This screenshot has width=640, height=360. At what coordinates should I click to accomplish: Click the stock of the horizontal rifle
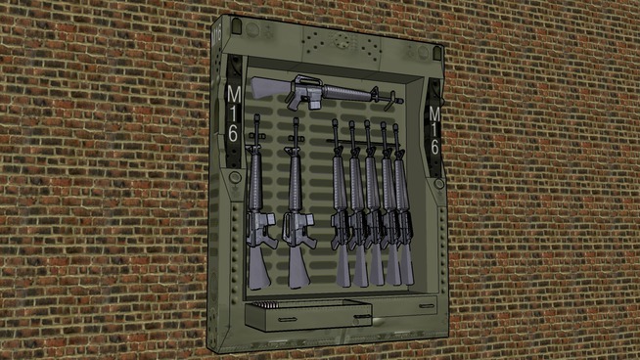pyautogui.click(x=266, y=87)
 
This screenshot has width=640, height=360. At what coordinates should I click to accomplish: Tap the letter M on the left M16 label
pyautogui.click(x=234, y=95)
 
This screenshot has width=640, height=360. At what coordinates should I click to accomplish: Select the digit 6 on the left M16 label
pyautogui.click(x=233, y=133)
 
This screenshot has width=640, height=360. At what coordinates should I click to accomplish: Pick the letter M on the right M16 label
pyautogui.click(x=434, y=113)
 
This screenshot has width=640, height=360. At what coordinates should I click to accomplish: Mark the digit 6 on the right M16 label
pyautogui.click(x=435, y=147)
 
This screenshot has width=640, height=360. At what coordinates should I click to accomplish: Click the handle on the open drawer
pyautogui.click(x=288, y=320)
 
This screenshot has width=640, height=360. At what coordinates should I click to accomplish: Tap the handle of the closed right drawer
pyautogui.click(x=426, y=306)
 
